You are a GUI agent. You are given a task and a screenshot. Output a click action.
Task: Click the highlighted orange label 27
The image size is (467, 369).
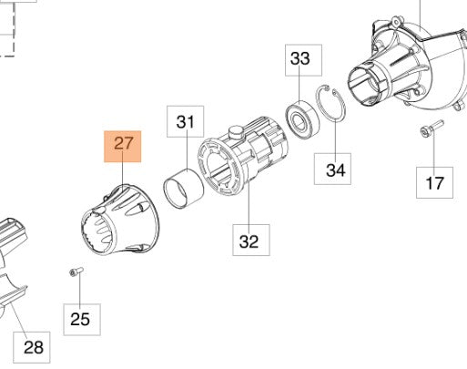point(123,147)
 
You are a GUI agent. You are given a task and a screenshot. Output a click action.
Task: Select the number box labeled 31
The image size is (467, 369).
point(185,121)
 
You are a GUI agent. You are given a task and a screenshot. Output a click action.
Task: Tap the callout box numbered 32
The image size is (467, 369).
point(249,241)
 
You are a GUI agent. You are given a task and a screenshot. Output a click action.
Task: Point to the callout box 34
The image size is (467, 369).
point(336,169)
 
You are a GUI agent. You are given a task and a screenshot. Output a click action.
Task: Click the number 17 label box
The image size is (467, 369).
point(434,182)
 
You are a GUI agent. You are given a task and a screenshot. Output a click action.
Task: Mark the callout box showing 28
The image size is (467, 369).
point(33,346)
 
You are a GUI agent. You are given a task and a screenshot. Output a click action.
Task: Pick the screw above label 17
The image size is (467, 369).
point(427,131)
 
